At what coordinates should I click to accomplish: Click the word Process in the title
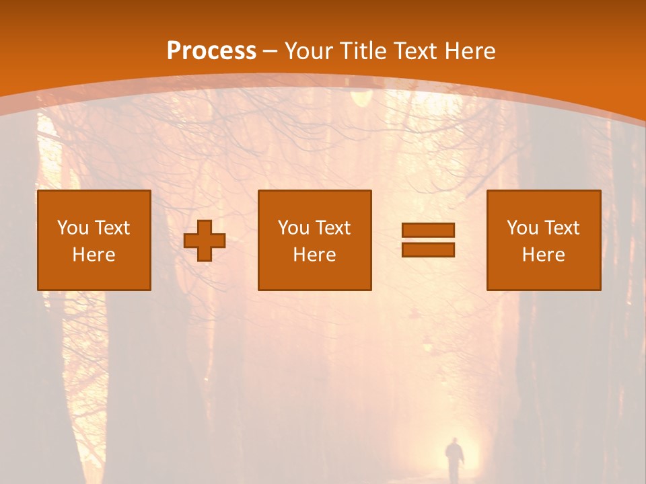(x=211, y=51)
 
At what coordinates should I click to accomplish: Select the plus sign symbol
(x=205, y=241)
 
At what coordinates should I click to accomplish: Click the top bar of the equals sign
(x=428, y=230)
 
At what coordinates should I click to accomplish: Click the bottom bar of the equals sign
(x=428, y=249)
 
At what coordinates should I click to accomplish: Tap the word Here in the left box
(x=94, y=255)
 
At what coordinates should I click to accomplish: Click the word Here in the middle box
(x=315, y=255)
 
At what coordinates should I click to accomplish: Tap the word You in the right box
(x=522, y=228)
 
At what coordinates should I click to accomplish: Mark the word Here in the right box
(x=544, y=255)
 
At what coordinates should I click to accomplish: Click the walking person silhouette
(x=455, y=459)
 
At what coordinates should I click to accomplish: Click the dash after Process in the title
(x=271, y=51)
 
